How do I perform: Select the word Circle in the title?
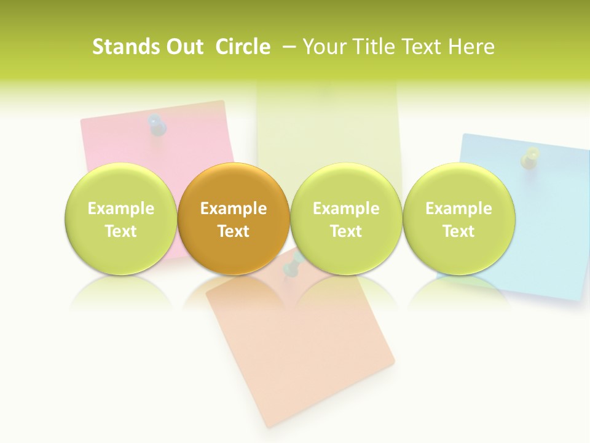coord(243,47)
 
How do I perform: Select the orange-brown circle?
coord(234,219)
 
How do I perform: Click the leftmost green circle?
coord(120,219)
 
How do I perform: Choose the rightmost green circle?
coord(458,219)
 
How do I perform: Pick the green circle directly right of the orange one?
coord(346,219)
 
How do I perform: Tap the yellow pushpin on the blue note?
coord(530,157)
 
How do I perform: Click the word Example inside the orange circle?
coord(234,209)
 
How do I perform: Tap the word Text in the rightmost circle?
coord(458,231)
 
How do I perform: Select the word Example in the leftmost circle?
coord(120,209)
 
